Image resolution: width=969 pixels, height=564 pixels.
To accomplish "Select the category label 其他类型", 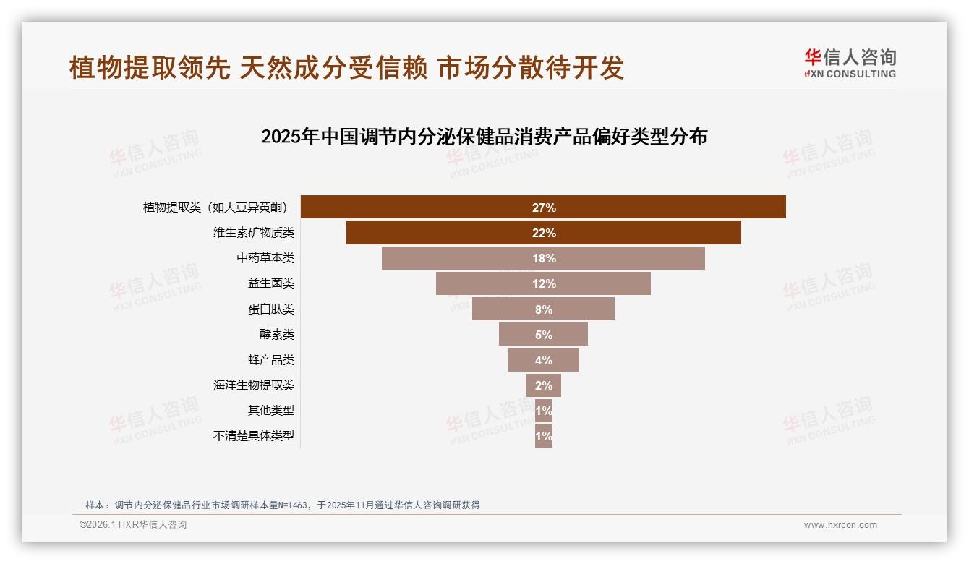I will pyautogui.click(x=271, y=411).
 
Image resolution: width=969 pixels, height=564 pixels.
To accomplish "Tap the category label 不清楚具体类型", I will pyautogui.click(x=254, y=436).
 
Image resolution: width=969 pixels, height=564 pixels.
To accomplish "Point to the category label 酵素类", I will pyautogui.click(x=277, y=335).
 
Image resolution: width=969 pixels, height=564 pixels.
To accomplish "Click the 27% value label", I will pyautogui.click(x=544, y=208).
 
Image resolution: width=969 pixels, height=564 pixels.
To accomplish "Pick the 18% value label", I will pyautogui.click(x=544, y=258).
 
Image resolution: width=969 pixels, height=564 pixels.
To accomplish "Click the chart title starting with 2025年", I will pyautogui.click(x=484, y=137).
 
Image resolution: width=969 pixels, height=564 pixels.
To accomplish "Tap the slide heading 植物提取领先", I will pyautogui.click(x=346, y=67).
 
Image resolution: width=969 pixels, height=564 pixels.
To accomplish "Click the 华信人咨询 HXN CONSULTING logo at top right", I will pyautogui.click(x=850, y=63).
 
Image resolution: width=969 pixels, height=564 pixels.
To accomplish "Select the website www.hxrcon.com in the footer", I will pyautogui.click(x=840, y=525).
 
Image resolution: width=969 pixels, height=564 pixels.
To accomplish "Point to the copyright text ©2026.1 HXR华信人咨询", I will pyautogui.click(x=133, y=525).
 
